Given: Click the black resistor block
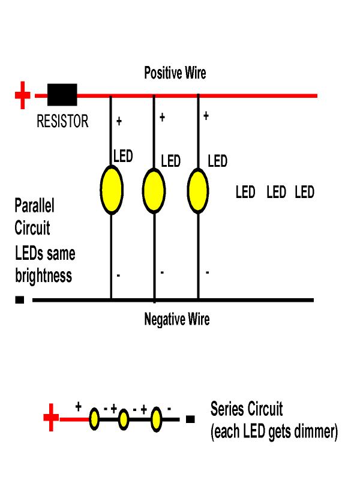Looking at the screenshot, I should click(x=62, y=95).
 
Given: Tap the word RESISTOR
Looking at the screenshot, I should click(x=62, y=122).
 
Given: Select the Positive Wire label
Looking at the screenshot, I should click(x=175, y=73).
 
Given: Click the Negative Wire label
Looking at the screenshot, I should click(x=177, y=319).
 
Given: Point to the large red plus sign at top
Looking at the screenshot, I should click(x=22, y=95).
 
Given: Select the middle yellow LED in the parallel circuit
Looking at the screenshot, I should click(x=154, y=190).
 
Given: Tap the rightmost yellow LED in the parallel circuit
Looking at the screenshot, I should click(x=198, y=190).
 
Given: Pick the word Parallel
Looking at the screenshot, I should click(x=34, y=206).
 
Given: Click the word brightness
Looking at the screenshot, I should click(x=43, y=276).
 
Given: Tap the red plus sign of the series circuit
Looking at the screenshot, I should click(x=52, y=418).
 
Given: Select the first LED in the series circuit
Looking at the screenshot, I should click(x=94, y=419).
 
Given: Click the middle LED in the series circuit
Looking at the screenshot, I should click(x=124, y=419).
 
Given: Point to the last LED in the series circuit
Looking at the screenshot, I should click(x=156, y=419).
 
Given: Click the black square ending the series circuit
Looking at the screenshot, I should click(x=190, y=419).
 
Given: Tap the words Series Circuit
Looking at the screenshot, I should click(x=246, y=410).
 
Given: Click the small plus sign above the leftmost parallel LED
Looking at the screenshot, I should click(x=119, y=122).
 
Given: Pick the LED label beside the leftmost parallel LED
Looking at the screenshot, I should click(x=123, y=157).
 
